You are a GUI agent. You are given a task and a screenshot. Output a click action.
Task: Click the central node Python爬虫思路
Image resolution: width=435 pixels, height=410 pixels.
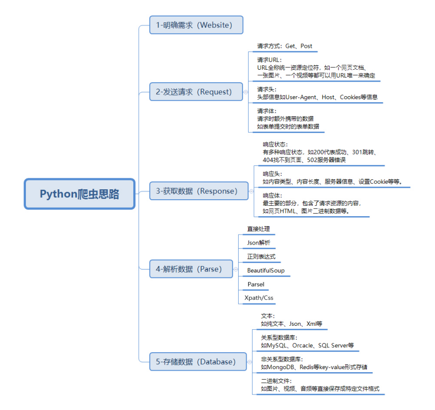(80, 194)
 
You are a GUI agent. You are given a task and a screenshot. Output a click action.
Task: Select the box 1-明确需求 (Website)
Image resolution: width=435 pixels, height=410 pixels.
(196, 25)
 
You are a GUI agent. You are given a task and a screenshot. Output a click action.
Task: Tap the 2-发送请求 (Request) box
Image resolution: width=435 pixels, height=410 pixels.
(196, 92)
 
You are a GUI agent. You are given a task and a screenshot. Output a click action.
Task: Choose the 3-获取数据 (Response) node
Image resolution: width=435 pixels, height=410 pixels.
(198, 191)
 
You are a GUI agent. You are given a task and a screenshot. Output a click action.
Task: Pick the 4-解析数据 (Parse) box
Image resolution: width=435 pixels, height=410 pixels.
(191, 269)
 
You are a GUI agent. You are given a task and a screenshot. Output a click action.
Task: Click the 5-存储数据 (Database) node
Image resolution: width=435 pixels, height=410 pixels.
(198, 362)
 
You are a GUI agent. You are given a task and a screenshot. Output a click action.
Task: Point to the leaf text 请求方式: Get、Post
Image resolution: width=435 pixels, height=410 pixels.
(284, 46)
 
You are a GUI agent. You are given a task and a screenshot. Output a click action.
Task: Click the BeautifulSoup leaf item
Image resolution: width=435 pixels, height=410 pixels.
(266, 271)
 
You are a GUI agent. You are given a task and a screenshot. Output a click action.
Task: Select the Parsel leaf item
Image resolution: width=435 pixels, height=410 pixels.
(256, 284)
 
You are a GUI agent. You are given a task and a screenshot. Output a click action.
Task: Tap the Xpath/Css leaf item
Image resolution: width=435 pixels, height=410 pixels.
(259, 298)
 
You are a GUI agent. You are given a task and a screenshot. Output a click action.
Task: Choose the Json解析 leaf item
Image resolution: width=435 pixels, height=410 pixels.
(259, 243)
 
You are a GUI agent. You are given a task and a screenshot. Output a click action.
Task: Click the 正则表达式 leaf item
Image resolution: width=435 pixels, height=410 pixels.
(261, 257)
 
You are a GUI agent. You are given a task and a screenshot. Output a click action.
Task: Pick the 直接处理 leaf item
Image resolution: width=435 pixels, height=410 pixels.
(259, 229)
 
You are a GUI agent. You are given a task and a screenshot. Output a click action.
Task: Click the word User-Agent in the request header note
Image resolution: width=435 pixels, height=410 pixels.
(301, 97)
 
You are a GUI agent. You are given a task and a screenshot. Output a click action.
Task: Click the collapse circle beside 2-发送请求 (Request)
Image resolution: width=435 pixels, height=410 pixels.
(246, 92)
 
